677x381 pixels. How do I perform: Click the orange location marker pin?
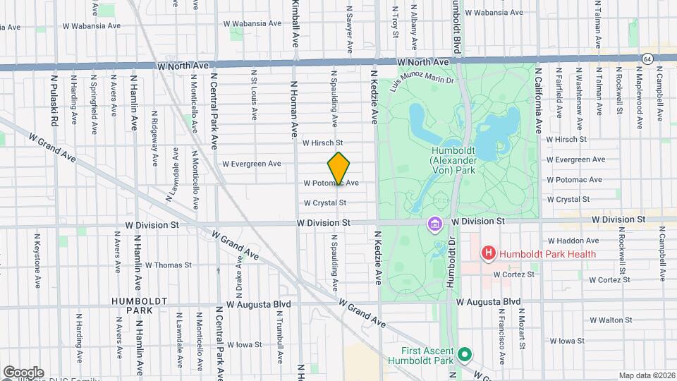tap(338, 169)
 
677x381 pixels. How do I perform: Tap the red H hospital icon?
tap(487, 253)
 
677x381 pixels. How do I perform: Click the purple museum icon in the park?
tap(434, 224)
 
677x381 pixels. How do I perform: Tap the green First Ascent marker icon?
tap(464, 354)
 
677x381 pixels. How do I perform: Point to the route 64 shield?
tap(647, 58)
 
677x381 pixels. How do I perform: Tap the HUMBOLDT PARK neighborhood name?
tap(132, 306)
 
